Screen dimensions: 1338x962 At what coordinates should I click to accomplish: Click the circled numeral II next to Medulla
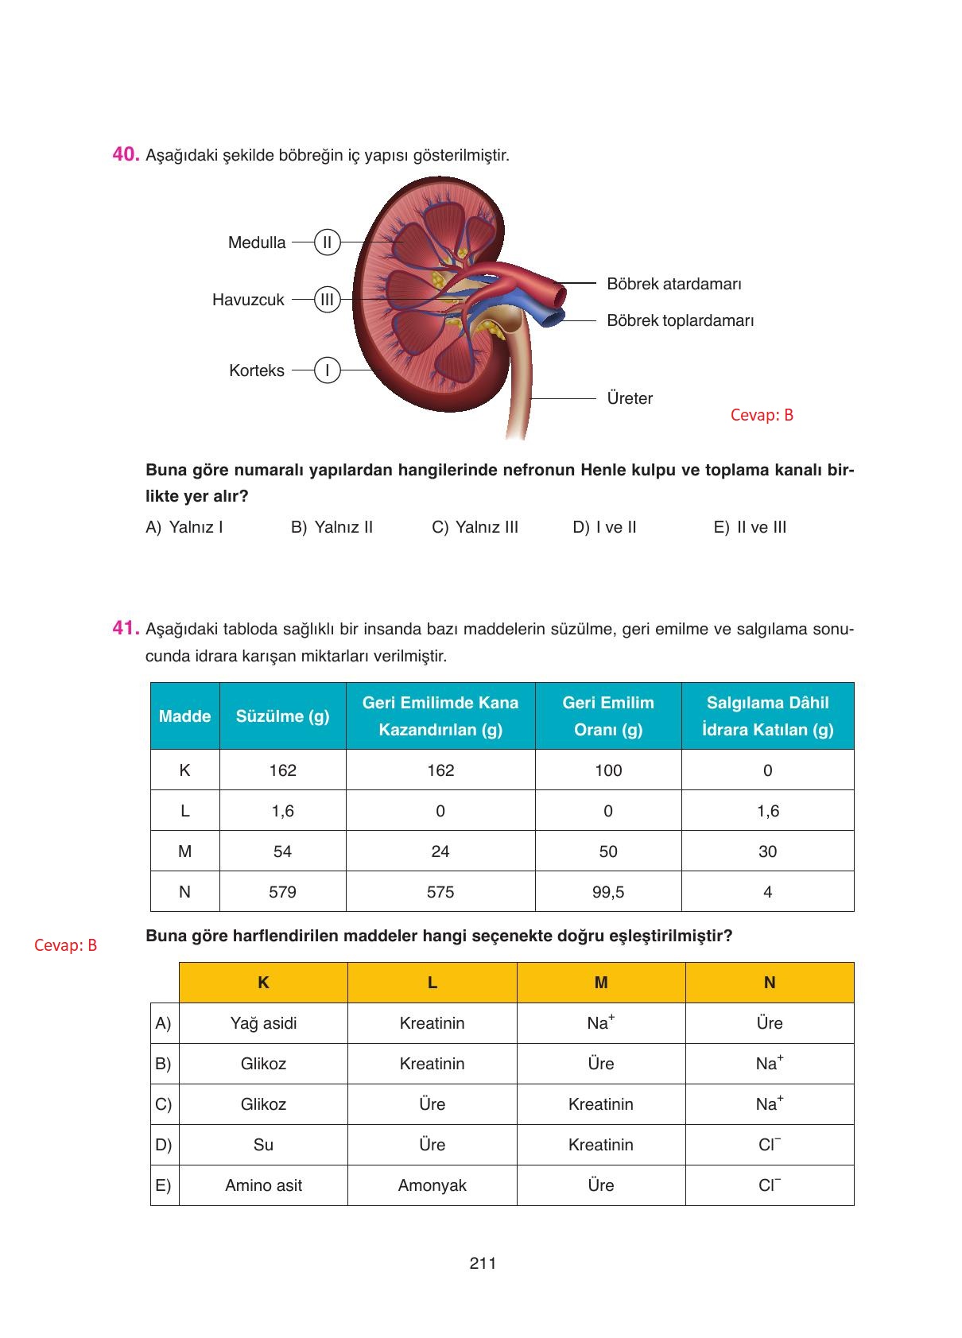pos(327,242)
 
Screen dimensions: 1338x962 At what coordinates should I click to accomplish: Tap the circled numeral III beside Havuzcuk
pos(327,300)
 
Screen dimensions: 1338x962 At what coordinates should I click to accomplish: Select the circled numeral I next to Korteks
pos(327,370)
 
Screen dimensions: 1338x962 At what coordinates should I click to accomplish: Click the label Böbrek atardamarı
pos(673,284)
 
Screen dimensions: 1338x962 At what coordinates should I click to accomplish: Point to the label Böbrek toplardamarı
pos(680,320)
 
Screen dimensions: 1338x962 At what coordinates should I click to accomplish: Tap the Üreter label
pos(630,398)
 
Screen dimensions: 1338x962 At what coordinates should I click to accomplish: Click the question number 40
pos(126,154)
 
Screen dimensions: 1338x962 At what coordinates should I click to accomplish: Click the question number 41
pos(126,628)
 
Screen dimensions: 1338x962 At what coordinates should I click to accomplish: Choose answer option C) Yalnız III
pos(475,527)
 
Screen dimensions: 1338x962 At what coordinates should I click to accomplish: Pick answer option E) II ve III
pos(750,527)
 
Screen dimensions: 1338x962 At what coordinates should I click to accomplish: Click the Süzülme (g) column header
pos(282,716)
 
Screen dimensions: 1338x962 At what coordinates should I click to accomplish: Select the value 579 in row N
pos(282,892)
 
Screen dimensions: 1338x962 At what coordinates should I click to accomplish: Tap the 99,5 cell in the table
pos(608,892)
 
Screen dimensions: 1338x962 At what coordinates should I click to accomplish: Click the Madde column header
pos(184,716)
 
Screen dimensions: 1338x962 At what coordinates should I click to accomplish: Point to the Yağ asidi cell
pos(263,1023)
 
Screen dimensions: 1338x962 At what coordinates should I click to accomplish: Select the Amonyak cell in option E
pos(432,1185)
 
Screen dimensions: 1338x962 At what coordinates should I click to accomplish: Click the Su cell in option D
pos(263,1145)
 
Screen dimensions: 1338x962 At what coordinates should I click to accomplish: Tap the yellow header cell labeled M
pos(601,983)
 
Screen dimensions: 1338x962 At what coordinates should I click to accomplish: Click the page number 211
pos(483,1263)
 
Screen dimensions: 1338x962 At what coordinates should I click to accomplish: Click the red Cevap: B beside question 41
pos(66,945)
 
